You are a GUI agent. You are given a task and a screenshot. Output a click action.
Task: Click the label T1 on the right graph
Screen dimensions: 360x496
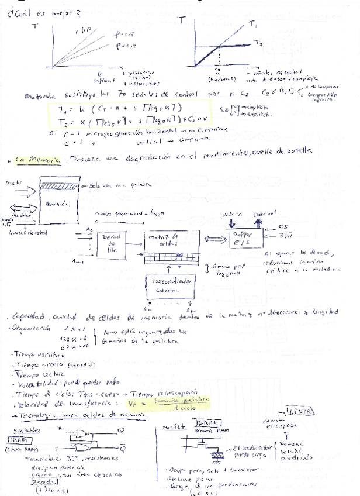pyautogui.click(x=253, y=25)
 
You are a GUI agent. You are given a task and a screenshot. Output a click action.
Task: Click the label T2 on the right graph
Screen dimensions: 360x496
pyautogui.click(x=259, y=43)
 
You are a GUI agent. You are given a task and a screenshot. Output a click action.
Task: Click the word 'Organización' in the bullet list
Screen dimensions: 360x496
pyautogui.click(x=29, y=329)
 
